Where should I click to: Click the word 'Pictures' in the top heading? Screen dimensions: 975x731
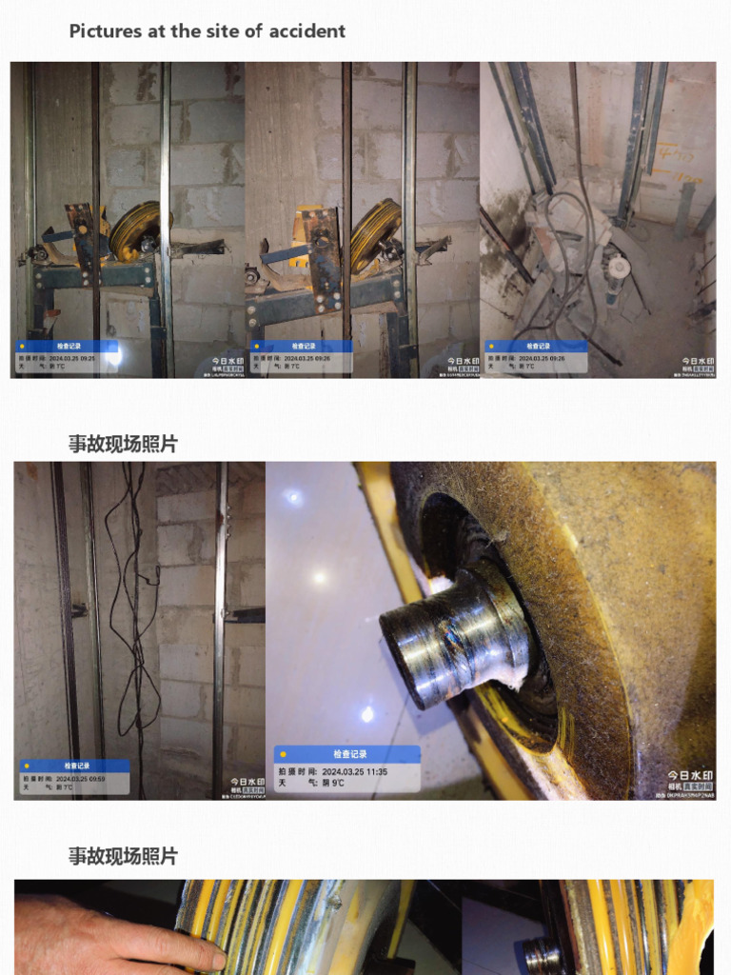click(106, 30)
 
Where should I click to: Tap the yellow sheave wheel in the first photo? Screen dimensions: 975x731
click(134, 231)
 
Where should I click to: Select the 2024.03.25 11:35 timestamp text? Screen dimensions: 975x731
click(354, 771)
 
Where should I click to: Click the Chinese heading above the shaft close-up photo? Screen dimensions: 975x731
click(123, 444)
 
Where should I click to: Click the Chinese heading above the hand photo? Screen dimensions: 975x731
click(123, 856)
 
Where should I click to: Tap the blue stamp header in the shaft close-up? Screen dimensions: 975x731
click(347, 754)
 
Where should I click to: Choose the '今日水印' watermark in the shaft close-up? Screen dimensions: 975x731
click(691, 776)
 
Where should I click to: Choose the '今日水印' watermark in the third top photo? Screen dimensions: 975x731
click(698, 362)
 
